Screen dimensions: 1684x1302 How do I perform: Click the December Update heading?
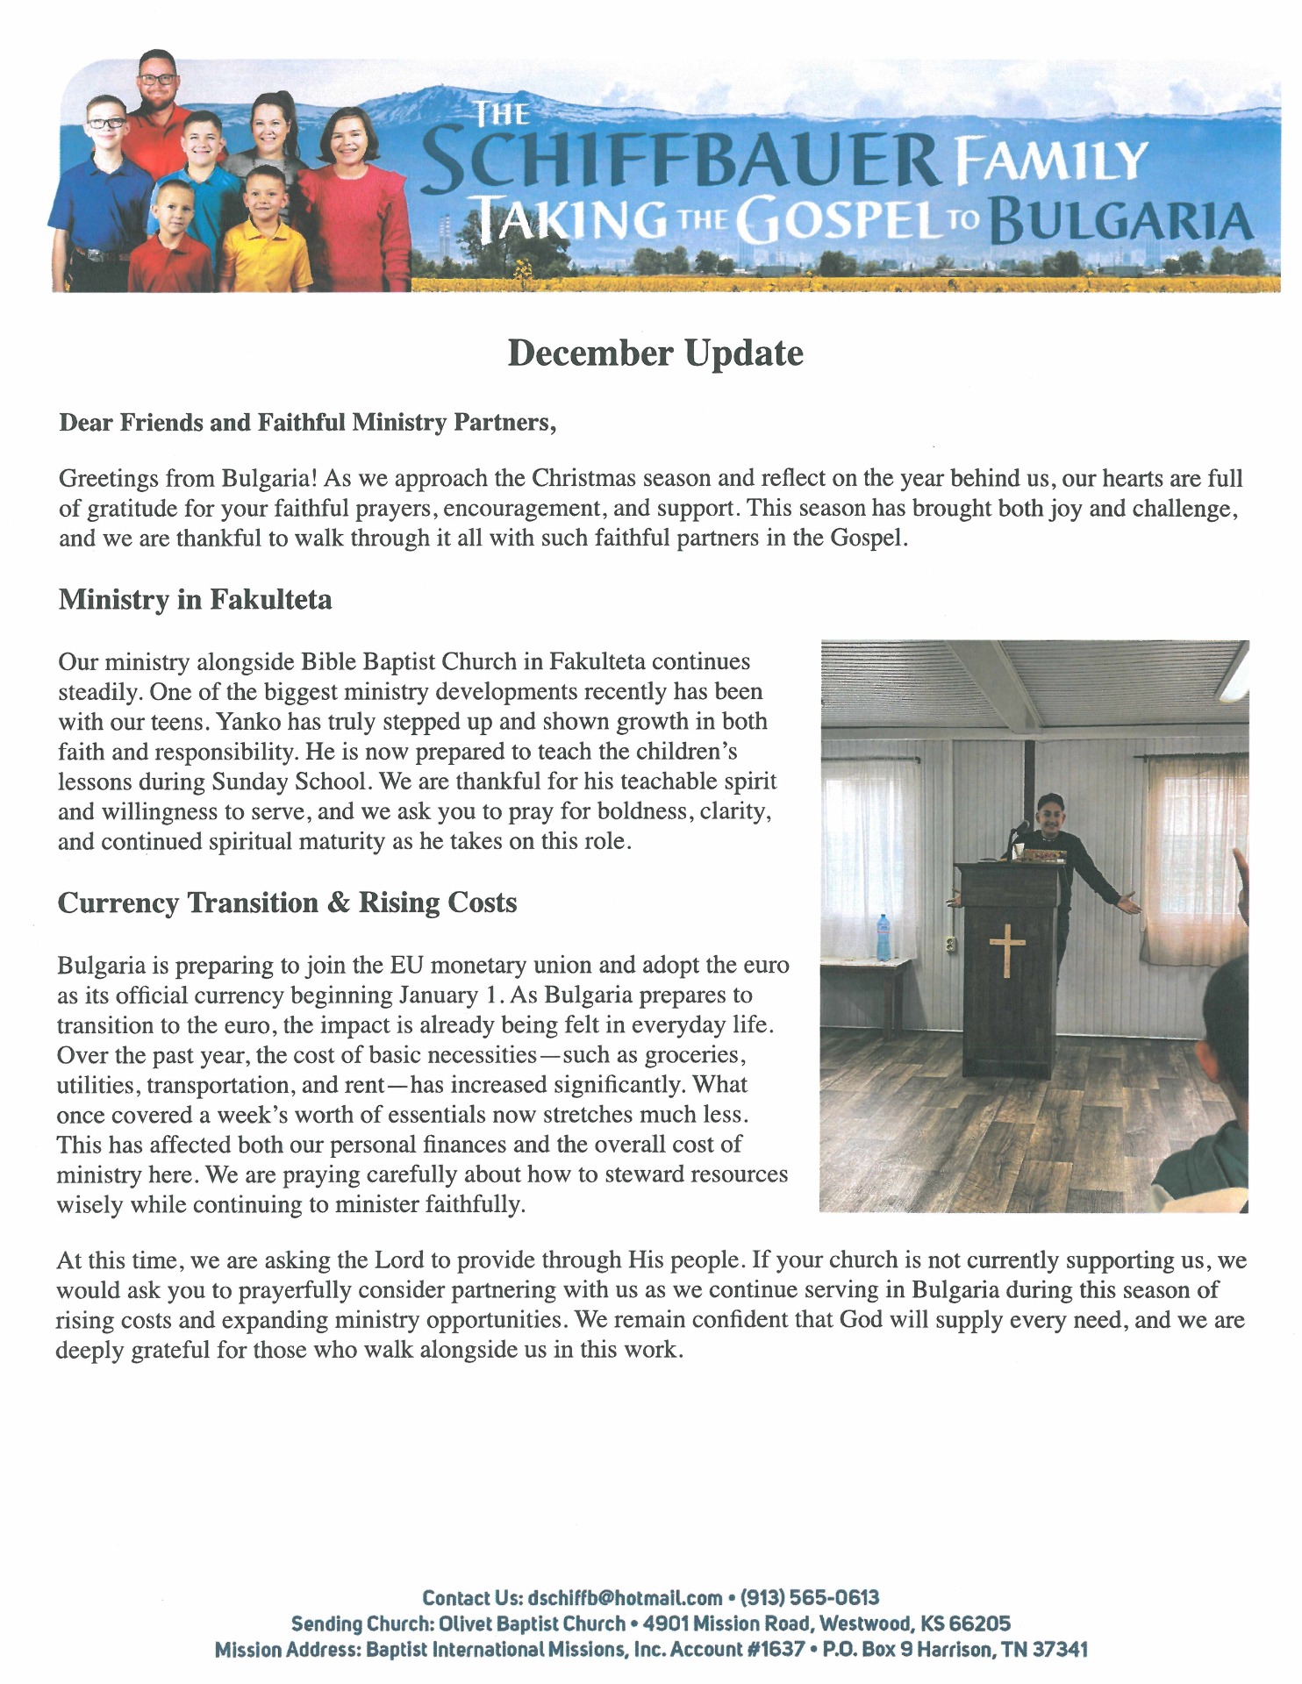coord(655,353)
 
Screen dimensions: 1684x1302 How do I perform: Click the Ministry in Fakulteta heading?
coord(195,600)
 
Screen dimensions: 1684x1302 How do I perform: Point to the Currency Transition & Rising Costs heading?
coord(287,903)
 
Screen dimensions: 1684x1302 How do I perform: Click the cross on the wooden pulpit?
coord(1007,950)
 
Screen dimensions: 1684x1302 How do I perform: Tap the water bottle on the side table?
coord(883,937)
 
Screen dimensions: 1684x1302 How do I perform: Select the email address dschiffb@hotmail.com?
coord(626,1597)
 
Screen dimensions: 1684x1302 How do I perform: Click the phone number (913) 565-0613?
coord(810,1597)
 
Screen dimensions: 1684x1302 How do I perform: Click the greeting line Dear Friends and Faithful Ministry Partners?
coord(307,423)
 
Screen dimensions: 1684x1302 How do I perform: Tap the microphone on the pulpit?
coord(1020,827)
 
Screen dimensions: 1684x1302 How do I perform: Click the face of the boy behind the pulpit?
coord(1049,816)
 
